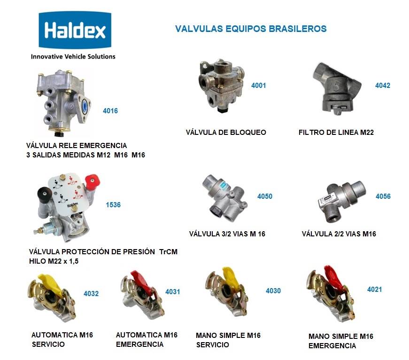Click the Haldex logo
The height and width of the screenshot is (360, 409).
75,30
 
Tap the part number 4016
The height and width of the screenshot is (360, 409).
110,111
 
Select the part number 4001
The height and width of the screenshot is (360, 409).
258,86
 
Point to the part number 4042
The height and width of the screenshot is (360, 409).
383,86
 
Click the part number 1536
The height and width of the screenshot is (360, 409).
113,204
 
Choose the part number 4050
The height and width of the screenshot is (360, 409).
265,196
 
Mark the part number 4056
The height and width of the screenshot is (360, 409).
383,196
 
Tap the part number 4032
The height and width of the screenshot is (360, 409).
91,294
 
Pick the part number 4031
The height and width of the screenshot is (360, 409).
173,292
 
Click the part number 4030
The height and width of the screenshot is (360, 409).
273,291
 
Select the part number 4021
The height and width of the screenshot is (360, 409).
375,290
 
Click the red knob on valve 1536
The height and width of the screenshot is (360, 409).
92,182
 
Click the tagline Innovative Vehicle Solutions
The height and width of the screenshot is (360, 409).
73,57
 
